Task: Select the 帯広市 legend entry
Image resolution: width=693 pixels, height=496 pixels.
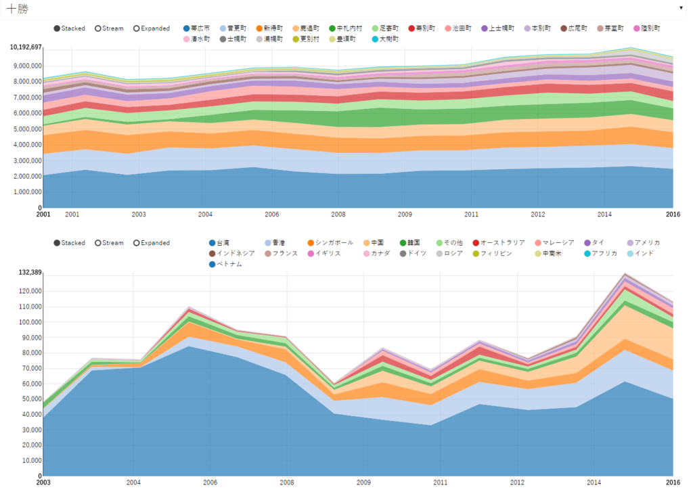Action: [196, 29]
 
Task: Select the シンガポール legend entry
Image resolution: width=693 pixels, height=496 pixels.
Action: [330, 243]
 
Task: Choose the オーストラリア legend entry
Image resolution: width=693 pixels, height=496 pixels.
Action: [498, 243]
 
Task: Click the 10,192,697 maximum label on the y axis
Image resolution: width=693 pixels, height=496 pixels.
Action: [26, 48]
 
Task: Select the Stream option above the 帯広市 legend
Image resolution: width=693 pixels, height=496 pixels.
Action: [110, 29]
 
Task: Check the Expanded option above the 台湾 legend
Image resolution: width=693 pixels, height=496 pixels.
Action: [152, 243]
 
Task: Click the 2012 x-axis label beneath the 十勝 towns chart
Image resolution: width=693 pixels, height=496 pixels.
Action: [538, 215]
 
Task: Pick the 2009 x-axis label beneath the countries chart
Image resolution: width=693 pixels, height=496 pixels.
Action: [364, 482]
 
